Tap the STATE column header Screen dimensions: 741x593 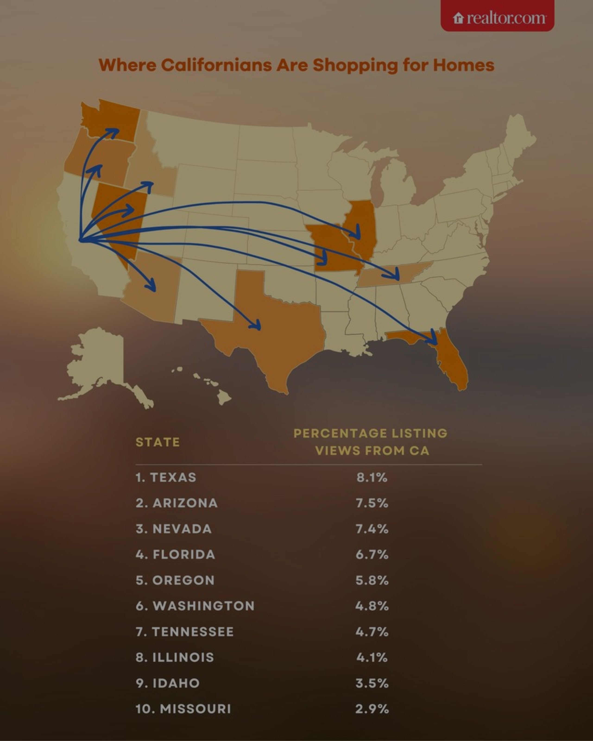(x=158, y=442)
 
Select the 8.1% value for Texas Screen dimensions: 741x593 (x=372, y=477)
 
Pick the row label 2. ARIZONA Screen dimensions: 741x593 (x=177, y=503)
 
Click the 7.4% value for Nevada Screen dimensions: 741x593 (x=372, y=529)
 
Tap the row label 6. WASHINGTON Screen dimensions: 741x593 (x=195, y=606)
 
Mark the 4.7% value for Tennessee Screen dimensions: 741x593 (x=372, y=632)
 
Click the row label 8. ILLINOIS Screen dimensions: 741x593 (x=175, y=657)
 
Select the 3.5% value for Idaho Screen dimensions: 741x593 (x=372, y=683)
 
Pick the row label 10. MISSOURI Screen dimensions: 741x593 (x=183, y=709)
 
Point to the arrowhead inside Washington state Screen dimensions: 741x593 (x=114, y=132)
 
